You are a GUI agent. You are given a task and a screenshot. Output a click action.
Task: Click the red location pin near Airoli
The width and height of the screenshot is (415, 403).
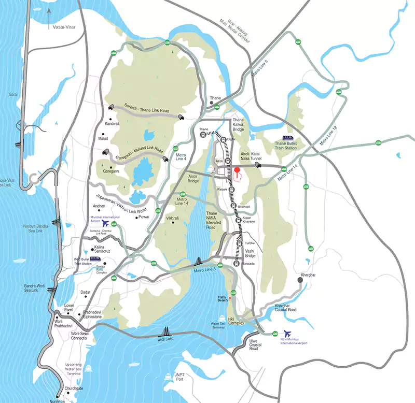click(x=237, y=171)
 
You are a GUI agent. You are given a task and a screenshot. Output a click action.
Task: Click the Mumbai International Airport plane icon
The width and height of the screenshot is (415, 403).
click(x=106, y=223)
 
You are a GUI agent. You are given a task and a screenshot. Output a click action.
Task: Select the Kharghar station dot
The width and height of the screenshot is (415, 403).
click(x=300, y=280)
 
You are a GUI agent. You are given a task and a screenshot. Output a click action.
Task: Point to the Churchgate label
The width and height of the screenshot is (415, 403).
click(x=73, y=388)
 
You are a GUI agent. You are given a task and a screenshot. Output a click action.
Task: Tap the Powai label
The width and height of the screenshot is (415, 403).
click(x=143, y=217)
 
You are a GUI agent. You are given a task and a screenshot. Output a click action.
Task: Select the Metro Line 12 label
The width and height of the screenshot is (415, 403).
click(x=328, y=135)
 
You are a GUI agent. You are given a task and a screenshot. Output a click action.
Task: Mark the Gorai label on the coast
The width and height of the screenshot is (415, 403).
click(x=13, y=95)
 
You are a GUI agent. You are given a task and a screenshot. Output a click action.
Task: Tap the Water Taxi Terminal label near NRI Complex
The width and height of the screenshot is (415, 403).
click(x=218, y=326)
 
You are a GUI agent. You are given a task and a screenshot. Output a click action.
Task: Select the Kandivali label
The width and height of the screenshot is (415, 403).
click(x=112, y=124)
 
